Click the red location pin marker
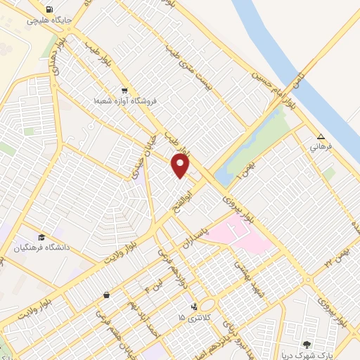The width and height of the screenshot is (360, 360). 181,167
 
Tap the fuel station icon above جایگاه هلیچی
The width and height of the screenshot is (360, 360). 48,10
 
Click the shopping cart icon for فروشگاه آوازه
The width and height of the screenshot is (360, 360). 124,90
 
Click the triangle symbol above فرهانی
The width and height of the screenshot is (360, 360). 321,137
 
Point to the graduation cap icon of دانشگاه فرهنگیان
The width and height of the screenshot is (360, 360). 41,237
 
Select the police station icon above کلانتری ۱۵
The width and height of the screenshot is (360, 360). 194,307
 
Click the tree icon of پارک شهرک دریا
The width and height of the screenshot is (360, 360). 307,344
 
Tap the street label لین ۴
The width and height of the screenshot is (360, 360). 148,285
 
